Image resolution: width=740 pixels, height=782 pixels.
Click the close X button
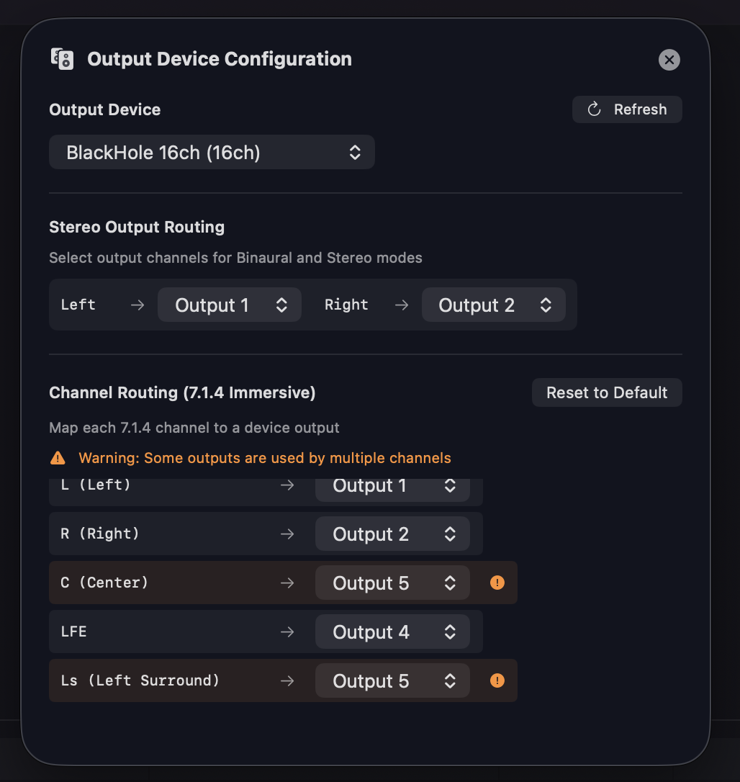point(669,60)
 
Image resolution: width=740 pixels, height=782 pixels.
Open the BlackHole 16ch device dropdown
point(212,152)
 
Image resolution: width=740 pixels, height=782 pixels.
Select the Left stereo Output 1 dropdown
point(230,305)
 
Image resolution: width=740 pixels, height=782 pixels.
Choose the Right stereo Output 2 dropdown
point(493,305)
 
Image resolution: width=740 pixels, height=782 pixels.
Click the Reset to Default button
point(607,393)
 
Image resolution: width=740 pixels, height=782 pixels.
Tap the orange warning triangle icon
point(58,458)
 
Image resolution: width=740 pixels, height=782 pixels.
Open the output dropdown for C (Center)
point(392,583)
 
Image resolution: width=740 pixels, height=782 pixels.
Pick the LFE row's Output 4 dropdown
point(392,632)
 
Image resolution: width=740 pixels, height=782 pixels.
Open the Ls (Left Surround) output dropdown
point(392,681)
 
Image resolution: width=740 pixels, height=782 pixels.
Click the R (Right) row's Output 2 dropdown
point(392,534)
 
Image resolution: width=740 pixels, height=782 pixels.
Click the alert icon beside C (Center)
point(497,583)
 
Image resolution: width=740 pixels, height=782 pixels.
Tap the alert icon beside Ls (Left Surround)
point(497,680)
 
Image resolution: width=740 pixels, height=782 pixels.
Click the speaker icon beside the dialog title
point(63,59)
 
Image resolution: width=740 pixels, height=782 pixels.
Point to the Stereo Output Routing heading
point(137,228)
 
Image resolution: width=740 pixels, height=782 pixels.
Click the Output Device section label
point(105,110)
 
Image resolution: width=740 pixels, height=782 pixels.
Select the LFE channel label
point(73,632)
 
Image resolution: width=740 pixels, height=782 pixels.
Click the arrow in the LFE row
point(287,632)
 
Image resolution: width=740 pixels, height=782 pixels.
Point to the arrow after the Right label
point(402,305)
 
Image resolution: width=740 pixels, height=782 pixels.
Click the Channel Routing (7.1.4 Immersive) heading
point(182,393)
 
